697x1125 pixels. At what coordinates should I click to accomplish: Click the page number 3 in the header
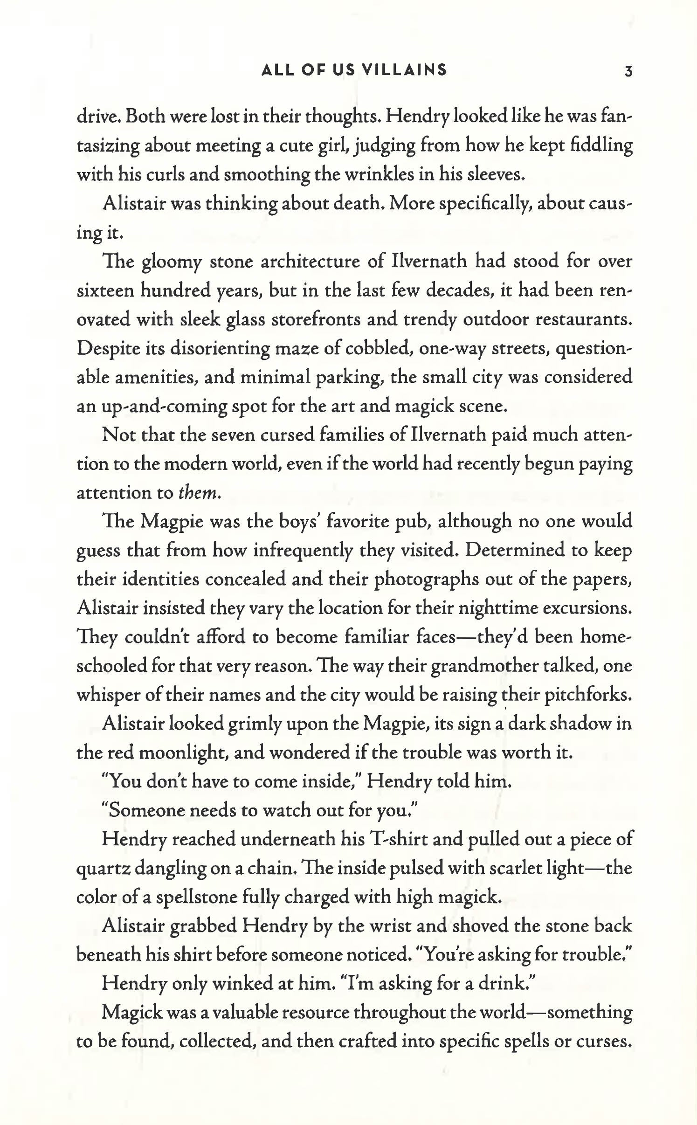(x=628, y=71)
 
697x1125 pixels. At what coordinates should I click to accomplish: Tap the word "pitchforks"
(x=587, y=695)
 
